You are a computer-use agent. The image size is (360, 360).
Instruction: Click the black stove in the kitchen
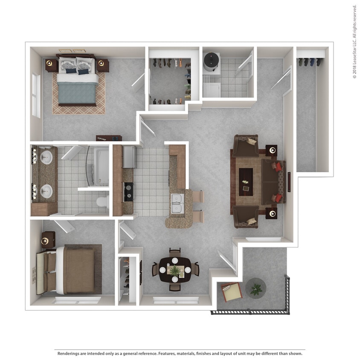(x=128, y=192)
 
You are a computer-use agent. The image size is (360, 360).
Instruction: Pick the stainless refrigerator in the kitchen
(x=129, y=157)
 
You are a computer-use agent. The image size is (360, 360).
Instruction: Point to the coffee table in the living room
(x=246, y=182)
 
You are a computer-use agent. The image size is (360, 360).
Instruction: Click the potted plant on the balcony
(x=256, y=289)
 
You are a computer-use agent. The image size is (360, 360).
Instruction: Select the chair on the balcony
(x=232, y=292)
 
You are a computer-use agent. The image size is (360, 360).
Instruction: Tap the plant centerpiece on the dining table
(x=175, y=270)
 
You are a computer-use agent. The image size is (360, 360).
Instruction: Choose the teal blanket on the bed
(x=77, y=92)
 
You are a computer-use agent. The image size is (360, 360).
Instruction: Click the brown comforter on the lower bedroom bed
(x=79, y=270)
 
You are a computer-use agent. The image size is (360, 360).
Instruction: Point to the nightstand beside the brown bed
(x=48, y=240)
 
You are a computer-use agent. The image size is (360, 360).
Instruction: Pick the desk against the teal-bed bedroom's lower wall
(x=109, y=138)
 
